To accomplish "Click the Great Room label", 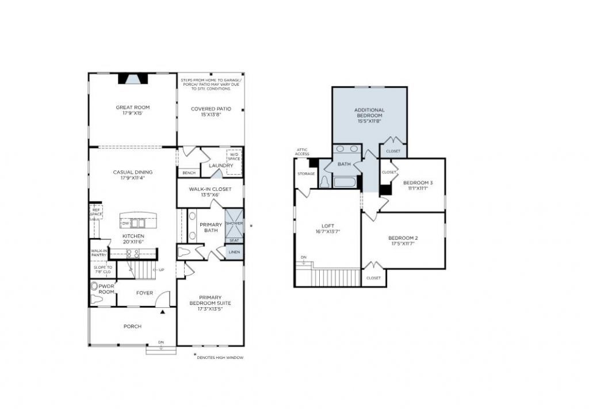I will click(132, 108).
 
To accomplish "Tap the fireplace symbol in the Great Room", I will click(133, 79).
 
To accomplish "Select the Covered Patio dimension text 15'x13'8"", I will click(211, 115).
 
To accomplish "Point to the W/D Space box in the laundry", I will click(234, 156).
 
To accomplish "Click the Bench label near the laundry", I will click(188, 173).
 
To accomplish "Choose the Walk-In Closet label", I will click(210, 189).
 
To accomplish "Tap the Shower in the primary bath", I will click(234, 223).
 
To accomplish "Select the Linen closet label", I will click(234, 252).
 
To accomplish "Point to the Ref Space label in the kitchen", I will click(95, 212).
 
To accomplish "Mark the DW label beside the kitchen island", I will click(125, 223).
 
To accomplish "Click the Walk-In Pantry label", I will click(99, 253).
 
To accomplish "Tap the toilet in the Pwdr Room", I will click(95, 286).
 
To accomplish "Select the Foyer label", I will click(144, 293).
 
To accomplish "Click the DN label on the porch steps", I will click(161, 342).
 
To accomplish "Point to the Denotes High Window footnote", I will click(220, 358).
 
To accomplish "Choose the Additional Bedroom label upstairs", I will click(369, 113).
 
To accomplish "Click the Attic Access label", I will click(303, 152).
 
